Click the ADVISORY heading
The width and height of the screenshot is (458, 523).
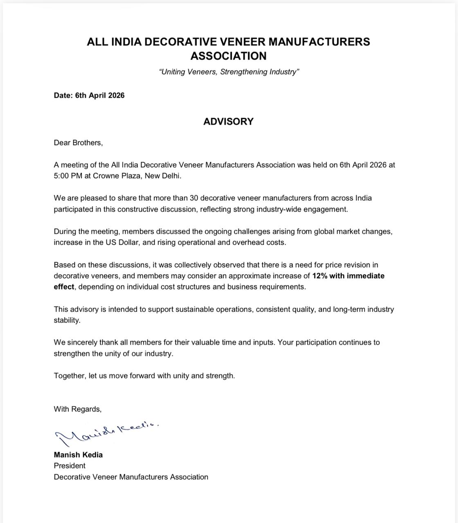(x=228, y=121)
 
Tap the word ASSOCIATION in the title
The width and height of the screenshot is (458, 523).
(x=228, y=56)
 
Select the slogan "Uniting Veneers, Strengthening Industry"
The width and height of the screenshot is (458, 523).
(x=229, y=72)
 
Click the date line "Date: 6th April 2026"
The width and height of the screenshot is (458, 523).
(x=89, y=95)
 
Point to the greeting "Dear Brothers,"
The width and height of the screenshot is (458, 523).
(x=78, y=143)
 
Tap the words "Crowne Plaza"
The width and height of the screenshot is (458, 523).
(x=114, y=176)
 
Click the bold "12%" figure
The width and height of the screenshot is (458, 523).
(x=320, y=276)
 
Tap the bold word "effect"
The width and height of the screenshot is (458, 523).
(x=64, y=287)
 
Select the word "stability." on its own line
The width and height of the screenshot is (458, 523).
(x=67, y=320)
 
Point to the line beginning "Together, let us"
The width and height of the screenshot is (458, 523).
(x=144, y=375)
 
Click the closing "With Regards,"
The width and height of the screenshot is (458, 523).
(x=78, y=409)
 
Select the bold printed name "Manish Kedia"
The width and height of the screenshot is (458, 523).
(x=78, y=455)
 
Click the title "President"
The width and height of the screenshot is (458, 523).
(x=70, y=466)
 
